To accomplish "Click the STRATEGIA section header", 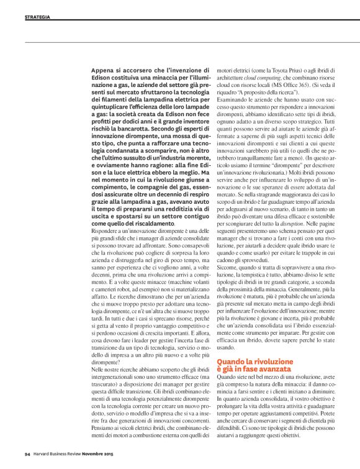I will (x=37, y=17).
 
